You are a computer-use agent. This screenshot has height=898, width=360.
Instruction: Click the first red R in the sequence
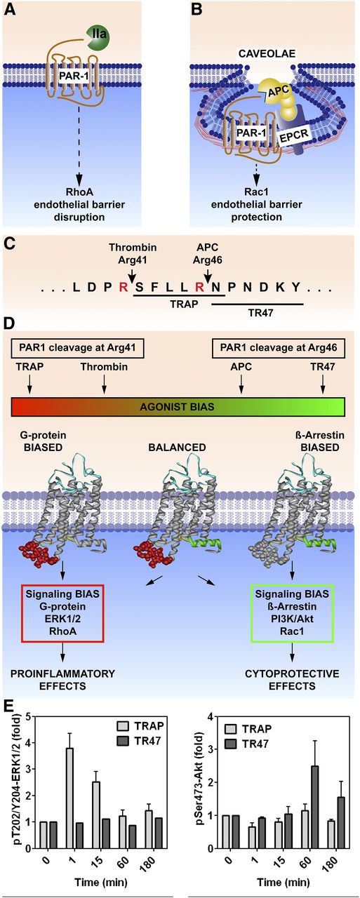[124, 288]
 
